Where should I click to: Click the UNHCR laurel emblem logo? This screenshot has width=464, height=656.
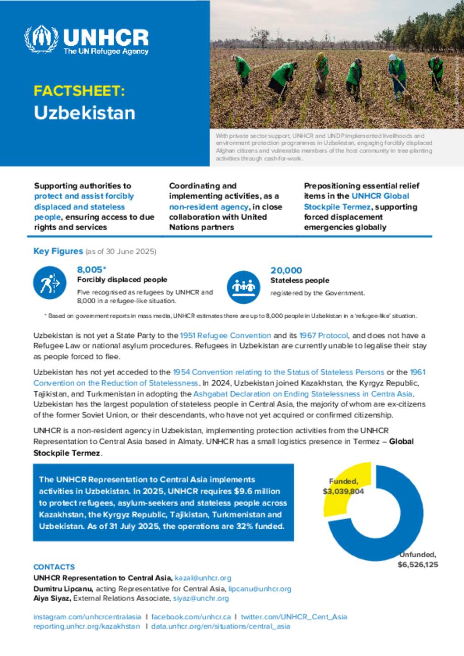[41, 39]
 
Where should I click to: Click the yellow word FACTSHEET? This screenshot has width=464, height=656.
[79, 91]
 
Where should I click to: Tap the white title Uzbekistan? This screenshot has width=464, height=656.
[84, 113]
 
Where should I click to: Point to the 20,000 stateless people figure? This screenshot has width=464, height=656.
[286, 270]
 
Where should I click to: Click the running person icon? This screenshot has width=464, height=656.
[50, 283]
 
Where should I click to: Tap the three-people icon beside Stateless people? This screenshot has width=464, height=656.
[243, 287]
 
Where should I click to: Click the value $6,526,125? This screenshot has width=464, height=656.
[418, 565]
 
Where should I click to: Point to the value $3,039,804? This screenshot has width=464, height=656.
[343, 491]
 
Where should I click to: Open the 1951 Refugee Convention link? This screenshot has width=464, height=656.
[225, 335]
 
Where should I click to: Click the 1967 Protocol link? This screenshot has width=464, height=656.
[324, 335]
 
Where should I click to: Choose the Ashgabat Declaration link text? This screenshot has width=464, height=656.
[303, 394]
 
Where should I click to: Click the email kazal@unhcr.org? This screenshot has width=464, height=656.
[203, 578]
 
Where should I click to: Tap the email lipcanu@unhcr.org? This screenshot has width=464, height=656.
[260, 589]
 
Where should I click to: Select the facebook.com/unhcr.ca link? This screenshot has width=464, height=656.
[191, 617]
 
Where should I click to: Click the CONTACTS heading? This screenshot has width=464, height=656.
[54, 567]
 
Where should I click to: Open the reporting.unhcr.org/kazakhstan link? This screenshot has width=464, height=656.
[87, 627]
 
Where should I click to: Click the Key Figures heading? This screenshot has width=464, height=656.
[58, 251]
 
